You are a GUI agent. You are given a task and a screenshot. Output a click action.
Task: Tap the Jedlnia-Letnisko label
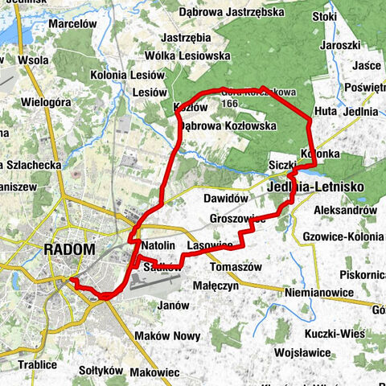pyautogui.click(x=314, y=187)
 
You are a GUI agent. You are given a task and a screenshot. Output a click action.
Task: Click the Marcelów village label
pyautogui.click(x=72, y=24)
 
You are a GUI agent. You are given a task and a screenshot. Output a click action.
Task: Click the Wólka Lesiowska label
pyautogui.click(x=187, y=56)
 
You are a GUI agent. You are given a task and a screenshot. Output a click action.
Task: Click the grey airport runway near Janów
pyautogui.click(x=161, y=284)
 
